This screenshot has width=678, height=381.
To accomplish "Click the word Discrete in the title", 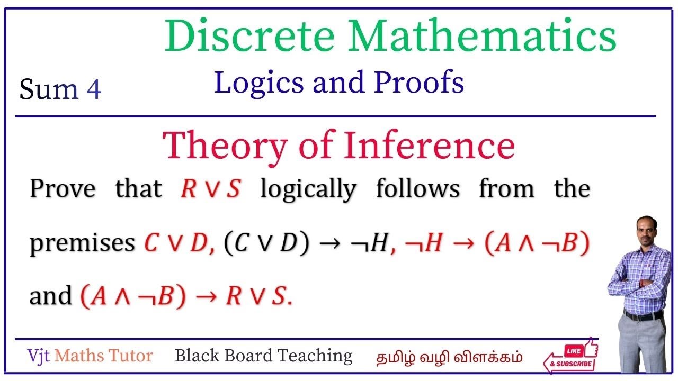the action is (249, 35).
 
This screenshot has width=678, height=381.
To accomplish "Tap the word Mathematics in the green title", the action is (482, 35).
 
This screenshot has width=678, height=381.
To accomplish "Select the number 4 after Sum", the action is (94, 89).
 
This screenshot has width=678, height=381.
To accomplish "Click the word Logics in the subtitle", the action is (259, 83).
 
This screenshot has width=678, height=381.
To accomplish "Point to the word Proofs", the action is (419, 82).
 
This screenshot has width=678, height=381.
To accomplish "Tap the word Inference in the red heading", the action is (429, 144).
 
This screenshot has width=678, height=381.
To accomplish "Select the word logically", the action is (308, 189).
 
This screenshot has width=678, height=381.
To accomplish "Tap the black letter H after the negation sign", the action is (379, 242).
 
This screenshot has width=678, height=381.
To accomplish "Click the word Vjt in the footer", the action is (39, 356).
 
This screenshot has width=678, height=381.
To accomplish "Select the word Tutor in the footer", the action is (130, 356).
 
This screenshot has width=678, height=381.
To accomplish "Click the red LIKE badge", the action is (574, 351).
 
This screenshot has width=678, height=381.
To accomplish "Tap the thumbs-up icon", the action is (591, 348).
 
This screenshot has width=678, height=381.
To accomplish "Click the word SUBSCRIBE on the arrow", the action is (574, 364).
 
